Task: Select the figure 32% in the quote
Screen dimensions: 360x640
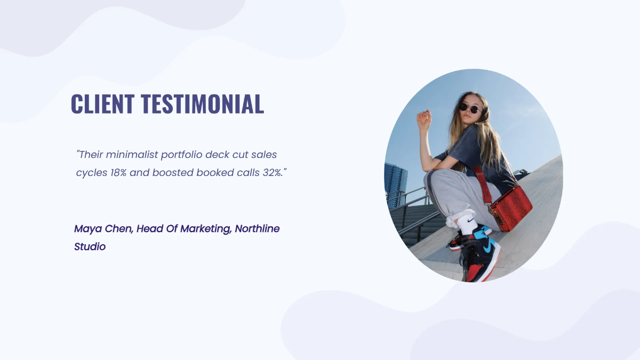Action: click(273, 173)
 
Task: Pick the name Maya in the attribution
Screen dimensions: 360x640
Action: click(87, 229)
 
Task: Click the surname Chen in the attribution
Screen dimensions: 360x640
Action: click(119, 229)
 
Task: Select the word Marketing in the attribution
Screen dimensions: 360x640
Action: click(205, 229)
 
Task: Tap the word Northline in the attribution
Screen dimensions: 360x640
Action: click(257, 229)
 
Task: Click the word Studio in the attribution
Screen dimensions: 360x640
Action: click(90, 246)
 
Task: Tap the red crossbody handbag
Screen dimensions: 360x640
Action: click(510, 207)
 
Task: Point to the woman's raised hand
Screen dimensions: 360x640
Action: click(424, 119)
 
